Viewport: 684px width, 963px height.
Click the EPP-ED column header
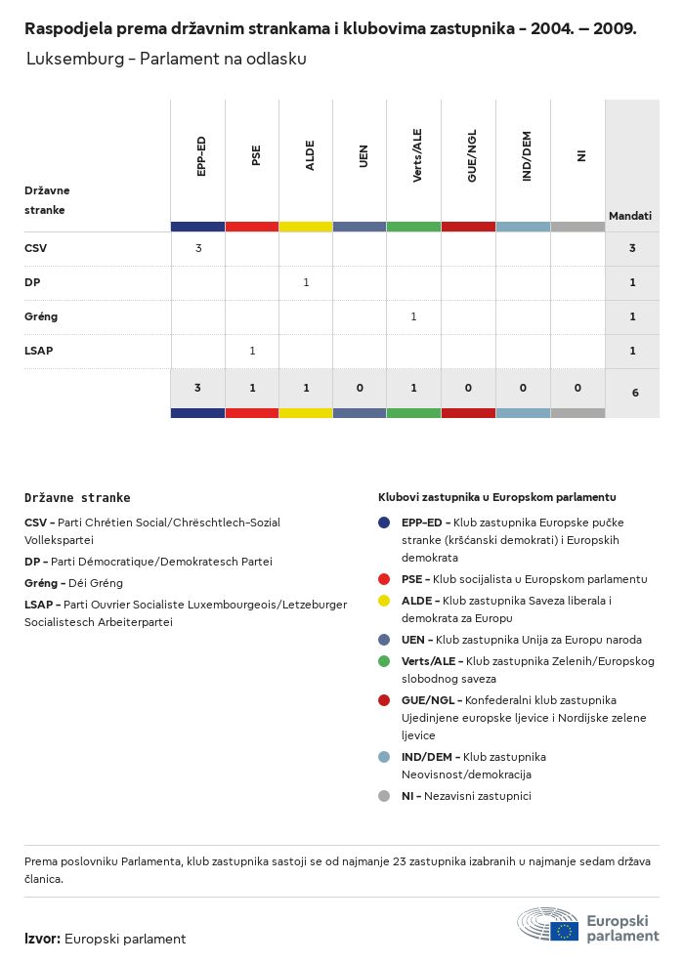[x=199, y=156]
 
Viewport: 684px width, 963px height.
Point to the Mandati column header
[x=630, y=216]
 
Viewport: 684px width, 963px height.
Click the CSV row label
[x=35, y=248]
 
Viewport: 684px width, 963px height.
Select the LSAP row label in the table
[x=38, y=351]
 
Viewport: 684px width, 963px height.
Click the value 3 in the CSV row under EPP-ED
[x=198, y=248]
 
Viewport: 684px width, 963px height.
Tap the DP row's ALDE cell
[x=306, y=282]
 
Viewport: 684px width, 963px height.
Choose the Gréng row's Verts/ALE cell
[x=413, y=316]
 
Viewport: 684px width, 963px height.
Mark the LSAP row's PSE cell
[x=252, y=351]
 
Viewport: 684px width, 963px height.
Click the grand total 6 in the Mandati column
[x=635, y=393]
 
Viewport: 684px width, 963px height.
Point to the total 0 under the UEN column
[x=360, y=388]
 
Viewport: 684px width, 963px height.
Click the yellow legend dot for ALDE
[x=384, y=601]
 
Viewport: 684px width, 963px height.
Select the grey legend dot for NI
[x=384, y=796]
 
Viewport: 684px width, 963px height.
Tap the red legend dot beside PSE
[x=384, y=579]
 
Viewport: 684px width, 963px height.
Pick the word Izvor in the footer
[x=41, y=939]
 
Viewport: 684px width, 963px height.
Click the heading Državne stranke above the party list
[x=77, y=497]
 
